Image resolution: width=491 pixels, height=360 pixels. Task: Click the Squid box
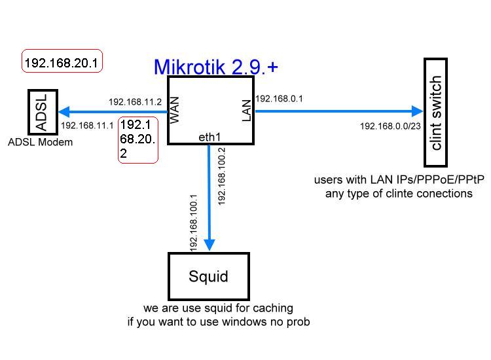tap(209, 276)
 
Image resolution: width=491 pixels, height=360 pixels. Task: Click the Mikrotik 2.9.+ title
tap(215, 67)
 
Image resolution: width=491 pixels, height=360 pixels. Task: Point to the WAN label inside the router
tap(175, 111)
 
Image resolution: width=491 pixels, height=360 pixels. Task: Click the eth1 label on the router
tap(209, 137)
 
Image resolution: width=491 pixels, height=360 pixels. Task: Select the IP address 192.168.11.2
tap(135, 102)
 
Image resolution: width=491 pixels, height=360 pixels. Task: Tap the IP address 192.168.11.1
tap(87, 125)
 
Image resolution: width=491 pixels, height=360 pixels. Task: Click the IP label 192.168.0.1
tap(279, 99)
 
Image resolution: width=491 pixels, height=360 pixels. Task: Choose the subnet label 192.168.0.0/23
tap(390, 126)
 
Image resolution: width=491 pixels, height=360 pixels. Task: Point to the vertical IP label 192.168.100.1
tap(194, 223)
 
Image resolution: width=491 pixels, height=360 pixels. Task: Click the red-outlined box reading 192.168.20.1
tap(62, 63)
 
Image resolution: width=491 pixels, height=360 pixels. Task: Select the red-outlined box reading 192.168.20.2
tap(138, 139)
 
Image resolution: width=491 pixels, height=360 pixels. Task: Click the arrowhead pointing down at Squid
tap(209, 245)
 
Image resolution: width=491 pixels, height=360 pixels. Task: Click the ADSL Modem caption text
tap(41, 142)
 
